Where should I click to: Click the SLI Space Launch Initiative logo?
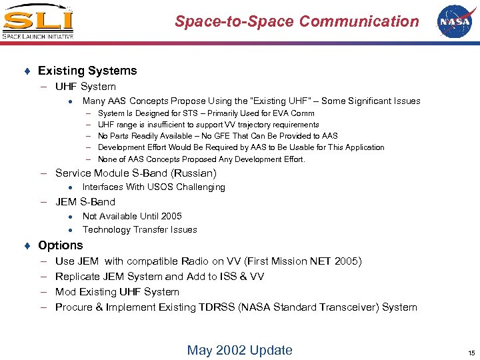37,22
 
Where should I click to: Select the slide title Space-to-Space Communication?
297,21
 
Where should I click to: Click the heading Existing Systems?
87,71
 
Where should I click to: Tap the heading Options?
61,245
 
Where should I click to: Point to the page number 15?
471,353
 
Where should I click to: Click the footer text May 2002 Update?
239,350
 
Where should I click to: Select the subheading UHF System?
85,87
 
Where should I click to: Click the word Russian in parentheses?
193,173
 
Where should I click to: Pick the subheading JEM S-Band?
85,202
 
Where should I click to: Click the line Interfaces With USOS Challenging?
153,187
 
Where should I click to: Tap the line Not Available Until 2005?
132,216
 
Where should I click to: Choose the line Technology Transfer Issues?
139,230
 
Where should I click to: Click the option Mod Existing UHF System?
117,292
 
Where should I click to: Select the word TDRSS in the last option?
219,307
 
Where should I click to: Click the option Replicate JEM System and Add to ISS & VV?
159,277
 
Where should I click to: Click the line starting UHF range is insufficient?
208,125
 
